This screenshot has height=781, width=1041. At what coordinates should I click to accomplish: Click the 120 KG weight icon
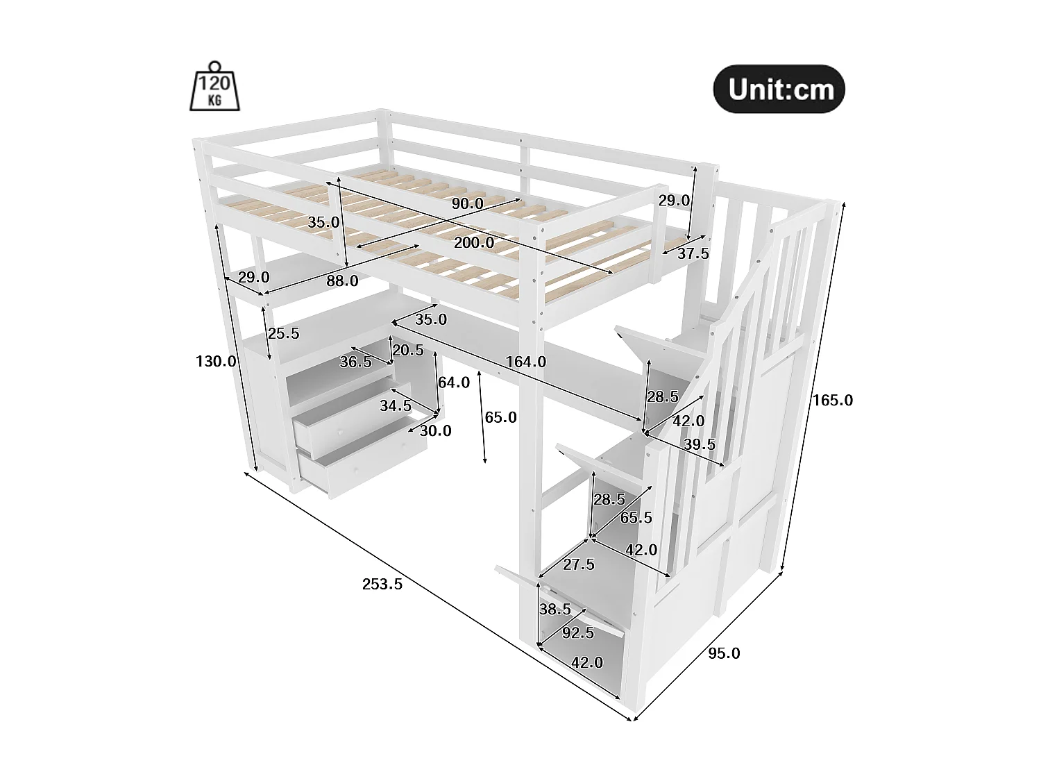click(215, 87)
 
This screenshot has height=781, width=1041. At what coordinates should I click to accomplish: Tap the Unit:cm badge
click(779, 90)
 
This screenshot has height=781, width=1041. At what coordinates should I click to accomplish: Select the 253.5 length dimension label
click(382, 584)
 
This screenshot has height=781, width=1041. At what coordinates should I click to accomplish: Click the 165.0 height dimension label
click(833, 400)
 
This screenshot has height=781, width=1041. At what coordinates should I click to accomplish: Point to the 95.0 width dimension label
click(724, 653)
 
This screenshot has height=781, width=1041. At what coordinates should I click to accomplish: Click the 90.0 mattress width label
click(467, 203)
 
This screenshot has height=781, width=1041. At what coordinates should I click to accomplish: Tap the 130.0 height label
click(216, 361)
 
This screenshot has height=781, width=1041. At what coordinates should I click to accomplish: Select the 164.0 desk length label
click(525, 362)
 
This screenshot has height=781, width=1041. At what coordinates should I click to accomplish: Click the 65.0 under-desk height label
click(500, 417)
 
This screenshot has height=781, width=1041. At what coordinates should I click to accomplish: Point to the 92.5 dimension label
click(577, 632)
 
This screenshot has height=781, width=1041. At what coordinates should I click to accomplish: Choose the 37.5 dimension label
click(693, 254)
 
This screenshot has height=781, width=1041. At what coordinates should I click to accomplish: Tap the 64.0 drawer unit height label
click(453, 382)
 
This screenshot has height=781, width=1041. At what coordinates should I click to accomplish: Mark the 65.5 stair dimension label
click(636, 517)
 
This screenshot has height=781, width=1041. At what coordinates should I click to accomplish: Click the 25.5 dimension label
click(283, 333)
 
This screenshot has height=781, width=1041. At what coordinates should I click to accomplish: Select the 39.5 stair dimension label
click(699, 445)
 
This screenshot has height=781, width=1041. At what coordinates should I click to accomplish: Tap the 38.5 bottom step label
click(555, 609)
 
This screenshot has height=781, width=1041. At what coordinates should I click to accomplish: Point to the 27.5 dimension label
click(578, 564)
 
